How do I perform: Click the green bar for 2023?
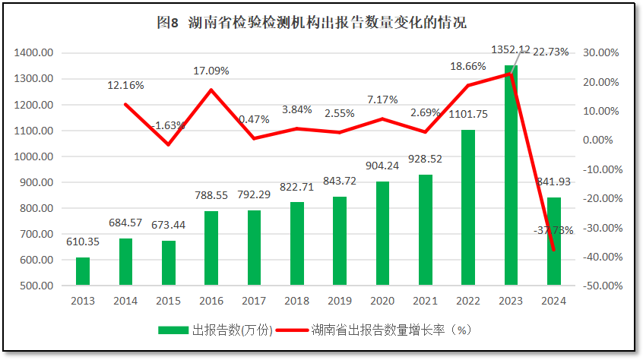pyautogui.click(x=511, y=175)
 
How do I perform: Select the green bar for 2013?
pyautogui.click(x=83, y=271)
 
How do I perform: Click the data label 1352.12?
pyautogui.click(x=511, y=49)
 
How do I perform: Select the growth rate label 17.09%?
pyautogui.click(x=211, y=71)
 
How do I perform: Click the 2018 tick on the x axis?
pyautogui.click(x=296, y=301)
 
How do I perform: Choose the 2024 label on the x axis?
pyautogui.click(x=553, y=301)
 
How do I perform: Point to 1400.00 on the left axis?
pyautogui.click(x=33, y=52)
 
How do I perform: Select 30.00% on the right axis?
pyautogui.click(x=604, y=52)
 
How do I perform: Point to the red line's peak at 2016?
pyautogui.click(x=211, y=90)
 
